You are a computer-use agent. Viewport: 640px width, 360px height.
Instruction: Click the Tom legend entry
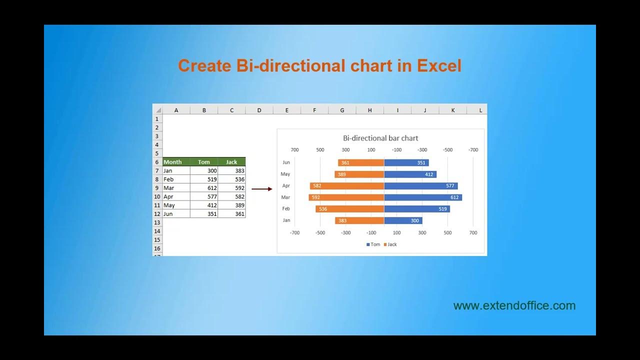coord(373,244)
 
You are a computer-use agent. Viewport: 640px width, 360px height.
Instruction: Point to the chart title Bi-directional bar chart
coord(380,138)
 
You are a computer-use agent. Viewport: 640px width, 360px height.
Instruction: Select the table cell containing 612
coord(204,188)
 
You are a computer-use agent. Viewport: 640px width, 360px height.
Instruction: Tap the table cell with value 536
coord(231,179)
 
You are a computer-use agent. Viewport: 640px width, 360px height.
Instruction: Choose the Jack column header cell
coord(231,162)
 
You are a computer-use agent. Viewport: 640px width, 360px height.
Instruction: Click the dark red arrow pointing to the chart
coord(261,189)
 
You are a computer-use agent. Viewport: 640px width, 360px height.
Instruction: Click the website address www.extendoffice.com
coord(514,305)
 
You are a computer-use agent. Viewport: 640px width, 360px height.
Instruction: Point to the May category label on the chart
coord(285,174)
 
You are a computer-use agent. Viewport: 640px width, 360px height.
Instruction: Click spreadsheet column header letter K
coord(453,110)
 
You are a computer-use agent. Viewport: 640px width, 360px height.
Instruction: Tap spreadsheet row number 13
coord(157,222)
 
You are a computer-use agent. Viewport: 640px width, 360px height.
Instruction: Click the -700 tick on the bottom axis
coord(294,232)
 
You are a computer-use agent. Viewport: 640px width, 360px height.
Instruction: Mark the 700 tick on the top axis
coord(294,149)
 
